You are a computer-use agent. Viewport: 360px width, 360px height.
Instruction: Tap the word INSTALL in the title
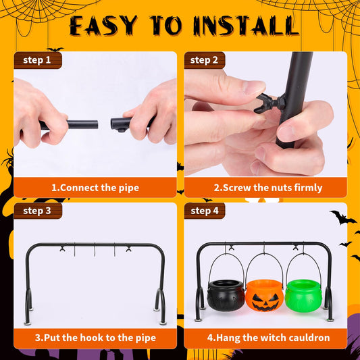click(245, 25)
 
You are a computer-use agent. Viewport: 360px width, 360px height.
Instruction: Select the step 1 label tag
click(37, 60)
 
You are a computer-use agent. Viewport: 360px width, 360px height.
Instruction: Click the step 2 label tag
click(205, 60)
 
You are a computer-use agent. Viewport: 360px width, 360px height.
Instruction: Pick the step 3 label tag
click(37, 211)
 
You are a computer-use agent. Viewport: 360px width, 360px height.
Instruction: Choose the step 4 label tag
click(205, 211)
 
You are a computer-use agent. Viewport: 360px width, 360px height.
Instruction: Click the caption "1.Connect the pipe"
click(95, 187)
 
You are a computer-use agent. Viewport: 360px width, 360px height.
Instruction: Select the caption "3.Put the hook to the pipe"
click(95, 338)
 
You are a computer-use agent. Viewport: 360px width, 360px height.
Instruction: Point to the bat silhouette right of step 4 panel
click(342, 218)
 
